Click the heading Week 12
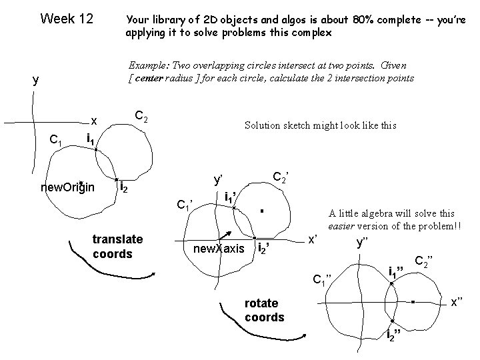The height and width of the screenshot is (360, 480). pos(67,17)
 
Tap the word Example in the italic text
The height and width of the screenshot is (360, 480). pos(148,65)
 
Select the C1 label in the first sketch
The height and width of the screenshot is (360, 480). pos(57,141)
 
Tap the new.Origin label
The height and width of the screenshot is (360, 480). pos(67,187)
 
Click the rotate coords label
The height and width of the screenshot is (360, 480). pos(265,311)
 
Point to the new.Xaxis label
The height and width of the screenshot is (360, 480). pos(219,249)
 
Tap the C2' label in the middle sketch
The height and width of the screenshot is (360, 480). pos(282,177)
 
